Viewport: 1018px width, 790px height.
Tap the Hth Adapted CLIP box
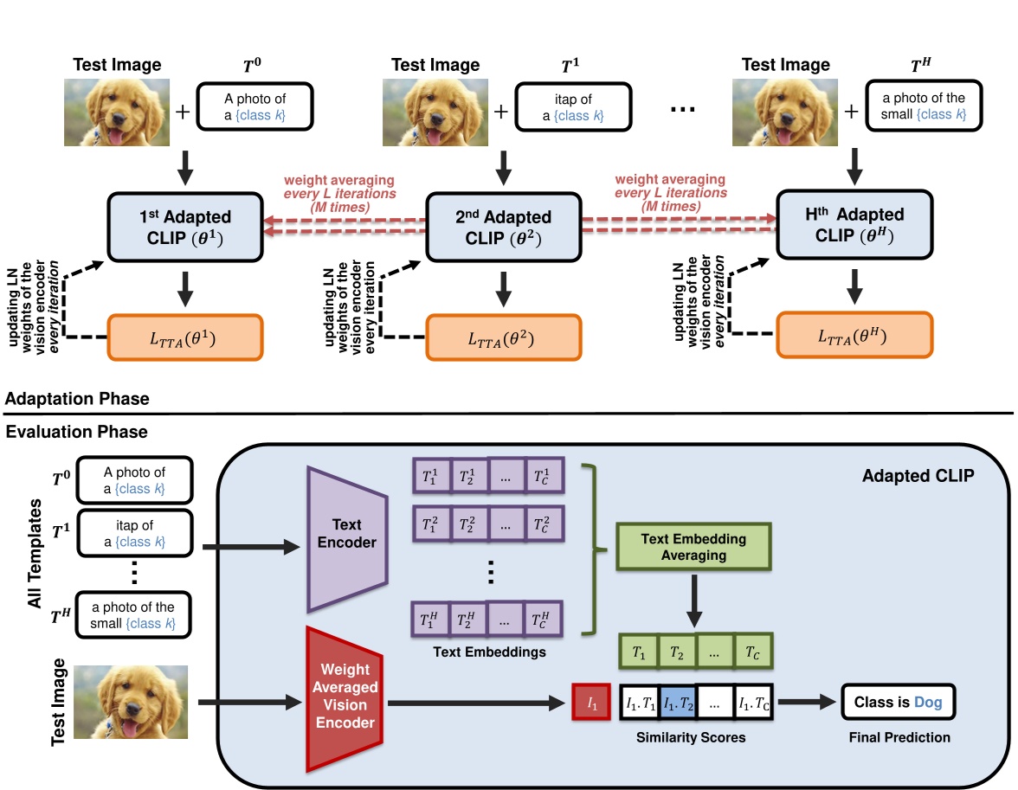point(853,227)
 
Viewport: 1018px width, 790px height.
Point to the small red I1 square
point(592,703)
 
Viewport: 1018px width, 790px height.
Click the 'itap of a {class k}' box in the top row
point(568,107)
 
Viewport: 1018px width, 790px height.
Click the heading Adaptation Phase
point(77,399)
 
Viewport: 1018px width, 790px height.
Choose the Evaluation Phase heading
point(76,431)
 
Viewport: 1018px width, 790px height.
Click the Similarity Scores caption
point(690,738)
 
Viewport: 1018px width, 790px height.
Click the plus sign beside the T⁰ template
point(183,110)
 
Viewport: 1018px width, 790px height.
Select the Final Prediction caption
point(898,737)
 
